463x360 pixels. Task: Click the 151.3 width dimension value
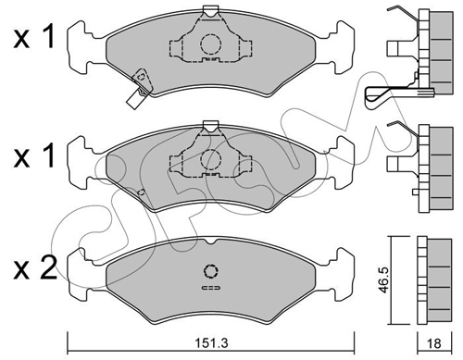(x=211, y=342)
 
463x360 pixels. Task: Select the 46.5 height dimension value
(x=383, y=280)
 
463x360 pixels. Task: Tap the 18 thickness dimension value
(x=434, y=343)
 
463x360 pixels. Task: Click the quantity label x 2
(x=34, y=268)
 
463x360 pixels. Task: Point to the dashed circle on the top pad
(x=211, y=44)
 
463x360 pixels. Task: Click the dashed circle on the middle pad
(x=211, y=159)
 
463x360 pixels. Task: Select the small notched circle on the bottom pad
(x=211, y=271)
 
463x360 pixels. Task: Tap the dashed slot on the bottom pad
(x=211, y=288)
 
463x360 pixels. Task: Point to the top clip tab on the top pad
(x=211, y=11)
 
